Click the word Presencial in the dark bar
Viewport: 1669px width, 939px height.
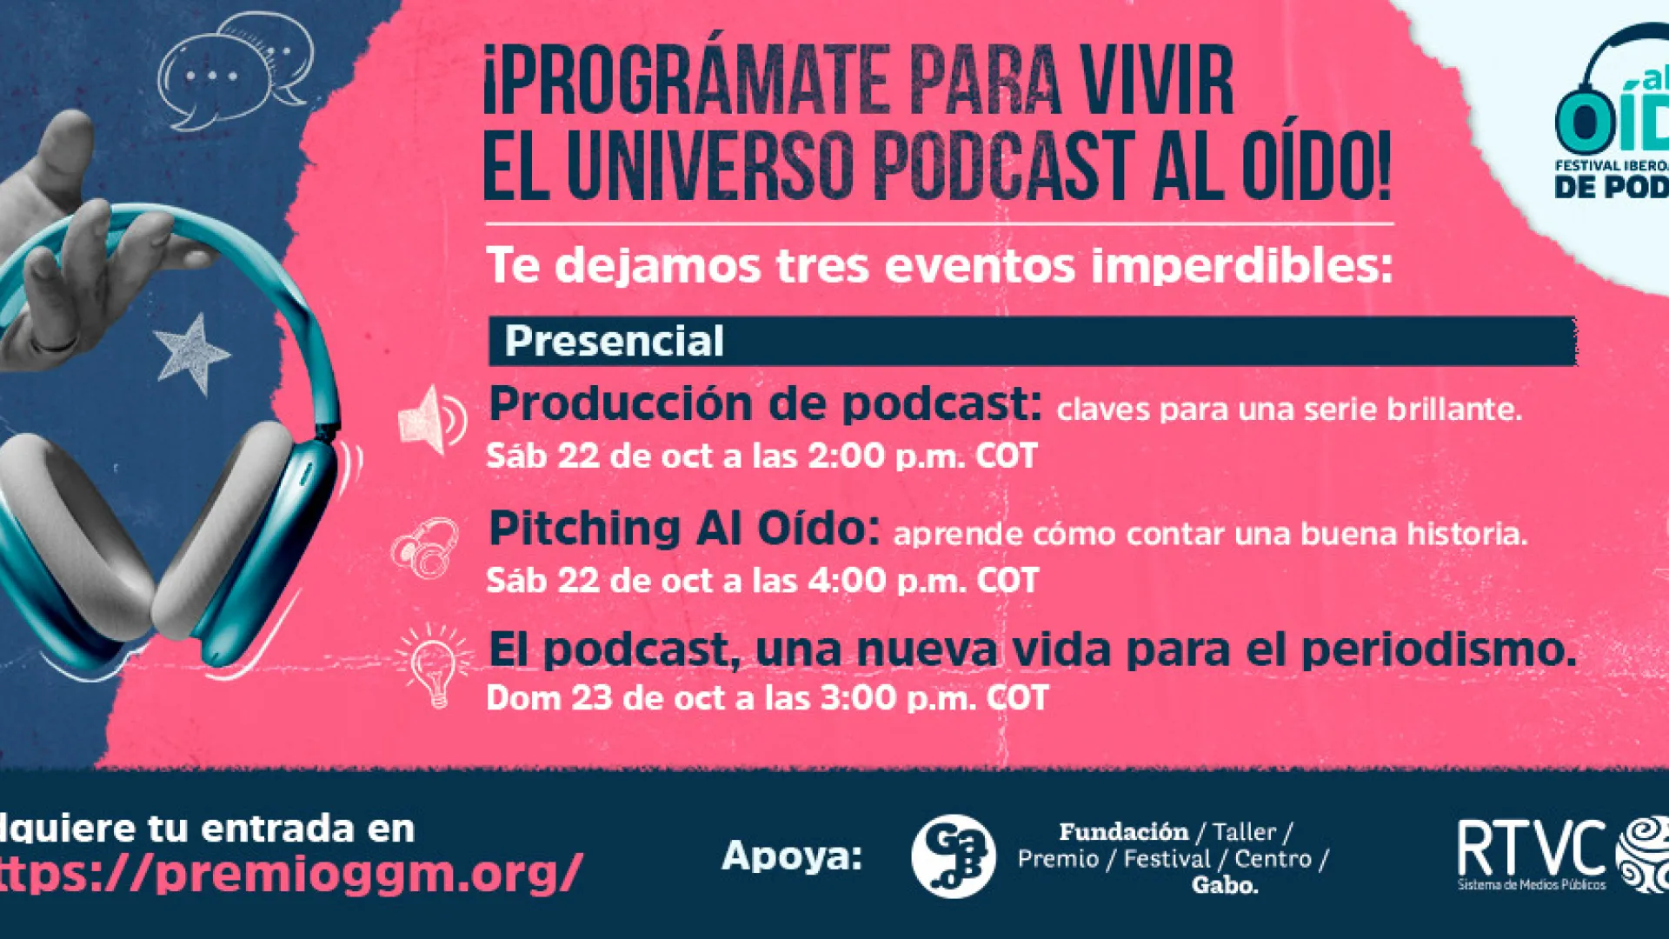tap(614, 341)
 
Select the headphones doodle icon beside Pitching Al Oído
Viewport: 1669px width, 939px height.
tap(425, 549)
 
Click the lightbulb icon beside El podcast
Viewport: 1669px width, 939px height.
tap(434, 665)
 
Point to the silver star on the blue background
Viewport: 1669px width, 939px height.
tap(191, 353)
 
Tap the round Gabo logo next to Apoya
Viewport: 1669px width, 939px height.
tap(953, 856)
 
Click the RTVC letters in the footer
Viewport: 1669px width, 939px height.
tap(1531, 849)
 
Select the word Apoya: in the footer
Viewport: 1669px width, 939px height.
tap(791, 856)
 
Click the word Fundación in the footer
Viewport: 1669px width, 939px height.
tap(1123, 832)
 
